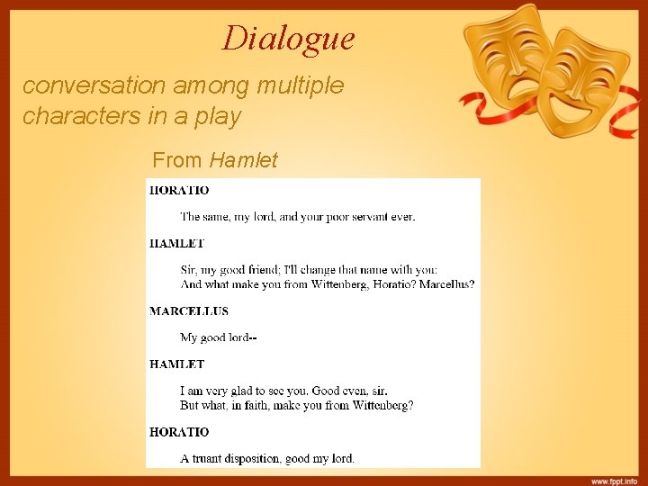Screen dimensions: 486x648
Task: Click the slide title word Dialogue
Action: pyautogui.click(x=289, y=39)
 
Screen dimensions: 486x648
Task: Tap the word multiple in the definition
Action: pyautogui.click(x=299, y=86)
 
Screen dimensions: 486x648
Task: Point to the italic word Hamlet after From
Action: pyautogui.click(x=244, y=161)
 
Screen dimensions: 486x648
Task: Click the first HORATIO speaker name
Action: pyautogui.click(x=179, y=191)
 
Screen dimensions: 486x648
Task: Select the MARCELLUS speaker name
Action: pyautogui.click(x=189, y=311)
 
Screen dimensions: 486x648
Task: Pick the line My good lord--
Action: pyautogui.click(x=219, y=338)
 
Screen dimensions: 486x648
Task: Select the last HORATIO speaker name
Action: pyautogui.click(x=179, y=433)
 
